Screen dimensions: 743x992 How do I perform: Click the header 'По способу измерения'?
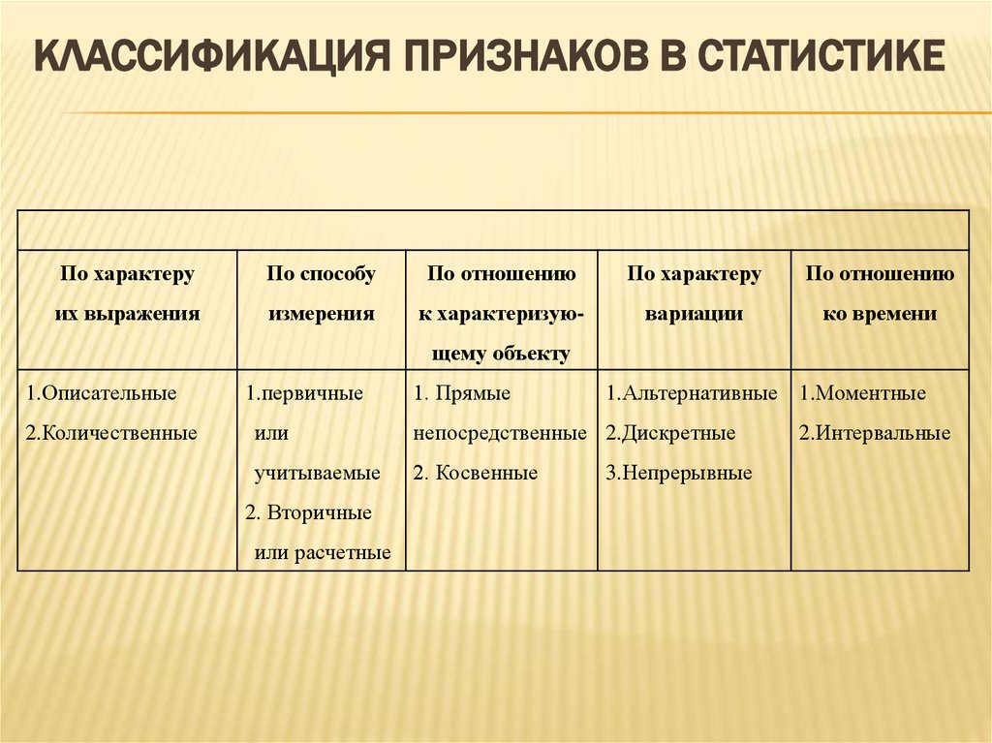[x=322, y=294]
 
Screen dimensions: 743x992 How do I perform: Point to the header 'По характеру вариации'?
[x=694, y=294]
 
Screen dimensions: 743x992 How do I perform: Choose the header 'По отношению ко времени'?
[x=880, y=294]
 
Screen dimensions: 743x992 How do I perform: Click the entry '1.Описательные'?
[x=102, y=394]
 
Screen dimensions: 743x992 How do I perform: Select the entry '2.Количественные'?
[x=111, y=433]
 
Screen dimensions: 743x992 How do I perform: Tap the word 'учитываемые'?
[x=318, y=473]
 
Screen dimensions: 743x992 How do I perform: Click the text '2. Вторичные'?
[x=308, y=512]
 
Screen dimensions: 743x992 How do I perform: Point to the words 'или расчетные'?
[x=323, y=552]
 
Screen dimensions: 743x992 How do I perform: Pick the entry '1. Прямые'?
[x=462, y=394]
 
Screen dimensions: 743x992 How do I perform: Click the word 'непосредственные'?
[x=500, y=433]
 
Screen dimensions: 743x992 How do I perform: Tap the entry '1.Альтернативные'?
[x=692, y=394]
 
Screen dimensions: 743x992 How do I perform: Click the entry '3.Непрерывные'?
[x=679, y=473]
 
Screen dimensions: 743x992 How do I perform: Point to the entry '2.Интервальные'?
[x=875, y=433]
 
